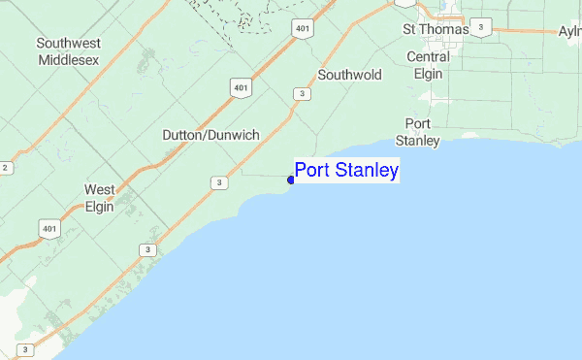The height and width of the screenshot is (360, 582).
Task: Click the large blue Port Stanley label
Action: pyautogui.click(x=346, y=172)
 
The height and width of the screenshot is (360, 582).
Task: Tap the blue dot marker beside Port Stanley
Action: pyautogui.click(x=291, y=180)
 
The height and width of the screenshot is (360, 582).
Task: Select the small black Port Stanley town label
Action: pyautogui.click(x=420, y=132)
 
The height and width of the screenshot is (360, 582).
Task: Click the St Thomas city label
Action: pyautogui.click(x=435, y=30)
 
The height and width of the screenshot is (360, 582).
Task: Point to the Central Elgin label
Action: pyautogui.click(x=428, y=63)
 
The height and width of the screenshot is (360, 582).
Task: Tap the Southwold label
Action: pyautogui.click(x=349, y=75)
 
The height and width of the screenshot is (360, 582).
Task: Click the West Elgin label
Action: pyautogui.click(x=100, y=198)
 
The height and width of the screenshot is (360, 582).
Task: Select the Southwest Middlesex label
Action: pyautogui.click(x=69, y=51)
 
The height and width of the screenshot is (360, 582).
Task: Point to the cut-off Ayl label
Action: pyautogui.click(x=569, y=31)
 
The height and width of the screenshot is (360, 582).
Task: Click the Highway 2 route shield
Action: pyautogui.click(x=5, y=167)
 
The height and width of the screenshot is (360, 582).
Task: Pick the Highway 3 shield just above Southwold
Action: pyautogui.click(x=304, y=93)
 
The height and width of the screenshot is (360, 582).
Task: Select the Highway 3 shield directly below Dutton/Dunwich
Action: pyautogui.click(x=220, y=182)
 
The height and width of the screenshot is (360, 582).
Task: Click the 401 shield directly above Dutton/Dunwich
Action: pyautogui.click(x=241, y=88)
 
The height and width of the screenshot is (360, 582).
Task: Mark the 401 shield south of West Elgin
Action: pyautogui.click(x=48, y=230)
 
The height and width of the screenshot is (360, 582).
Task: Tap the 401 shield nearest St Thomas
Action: pyautogui.click(x=304, y=29)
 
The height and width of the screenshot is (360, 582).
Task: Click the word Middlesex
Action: pyautogui.click(x=69, y=59)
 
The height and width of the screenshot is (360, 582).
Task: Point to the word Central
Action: pyautogui.click(x=428, y=56)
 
